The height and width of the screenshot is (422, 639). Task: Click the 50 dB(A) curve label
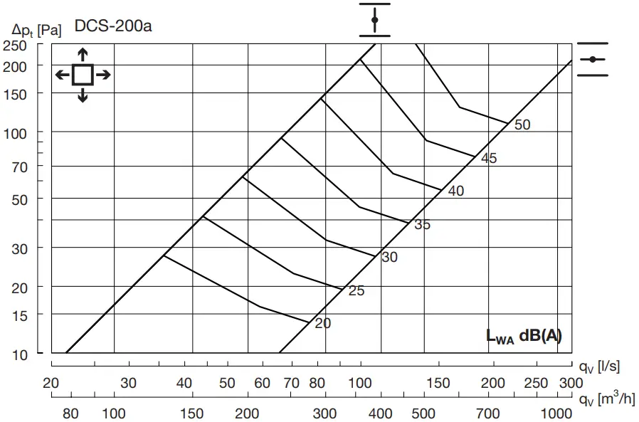[x=522, y=125]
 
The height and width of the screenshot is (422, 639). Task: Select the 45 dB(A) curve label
[x=489, y=159]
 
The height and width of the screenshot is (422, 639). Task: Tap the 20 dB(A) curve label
[x=323, y=323]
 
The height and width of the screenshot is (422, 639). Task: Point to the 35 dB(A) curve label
[x=423, y=225]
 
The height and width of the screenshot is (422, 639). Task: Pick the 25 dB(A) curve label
[x=357, y=290]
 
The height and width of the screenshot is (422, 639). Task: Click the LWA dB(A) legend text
[x=524, y=337]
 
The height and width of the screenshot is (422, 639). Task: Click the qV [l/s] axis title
[x=598, y=366]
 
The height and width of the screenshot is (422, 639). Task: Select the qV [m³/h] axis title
[x=606, y=399]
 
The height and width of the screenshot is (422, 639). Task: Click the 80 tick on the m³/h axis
[x=70, y=414]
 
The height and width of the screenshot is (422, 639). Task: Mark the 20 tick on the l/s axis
[x=51, y=384]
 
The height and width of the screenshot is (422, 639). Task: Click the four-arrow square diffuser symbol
[x=83, y=74]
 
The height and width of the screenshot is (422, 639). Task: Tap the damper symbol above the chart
[x=375, y=19]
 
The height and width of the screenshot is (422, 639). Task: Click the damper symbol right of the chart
[x=593, y=59]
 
